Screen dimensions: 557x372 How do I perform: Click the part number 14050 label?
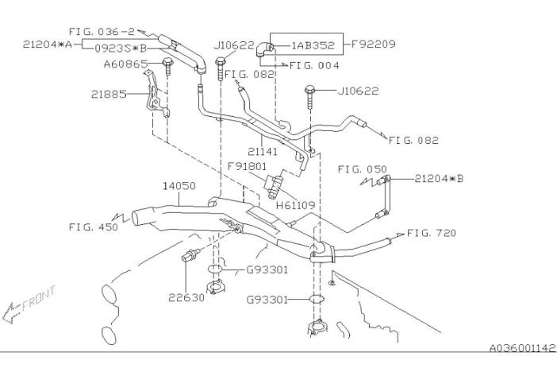point(179,186)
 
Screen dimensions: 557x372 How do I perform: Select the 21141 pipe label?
point(263,152)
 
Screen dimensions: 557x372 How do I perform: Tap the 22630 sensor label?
point(186,297)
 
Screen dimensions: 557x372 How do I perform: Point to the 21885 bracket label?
point(109,95)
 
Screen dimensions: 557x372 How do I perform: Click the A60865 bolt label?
point(125,64)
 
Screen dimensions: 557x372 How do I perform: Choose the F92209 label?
point(374,45)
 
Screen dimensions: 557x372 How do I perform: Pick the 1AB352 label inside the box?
point(313,45)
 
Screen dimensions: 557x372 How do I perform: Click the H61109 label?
point(295,205)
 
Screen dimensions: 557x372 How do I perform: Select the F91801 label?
point(247,166)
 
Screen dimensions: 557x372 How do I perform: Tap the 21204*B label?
point(439,178)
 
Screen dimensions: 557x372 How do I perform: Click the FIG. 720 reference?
point(432,233)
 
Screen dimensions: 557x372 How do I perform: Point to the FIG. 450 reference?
point(94,227)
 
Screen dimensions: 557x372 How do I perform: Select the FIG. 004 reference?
point(314,65)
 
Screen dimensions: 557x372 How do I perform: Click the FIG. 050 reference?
point(362,169)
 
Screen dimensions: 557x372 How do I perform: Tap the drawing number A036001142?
point(522,348)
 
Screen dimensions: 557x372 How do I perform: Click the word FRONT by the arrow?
point(39,298)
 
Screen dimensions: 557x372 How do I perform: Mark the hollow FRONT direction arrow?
point(11,313)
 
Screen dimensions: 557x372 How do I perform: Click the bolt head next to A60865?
point(167,63)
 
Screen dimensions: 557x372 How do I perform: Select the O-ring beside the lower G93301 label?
point(316,300)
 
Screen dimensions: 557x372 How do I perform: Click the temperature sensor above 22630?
point(190,255)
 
